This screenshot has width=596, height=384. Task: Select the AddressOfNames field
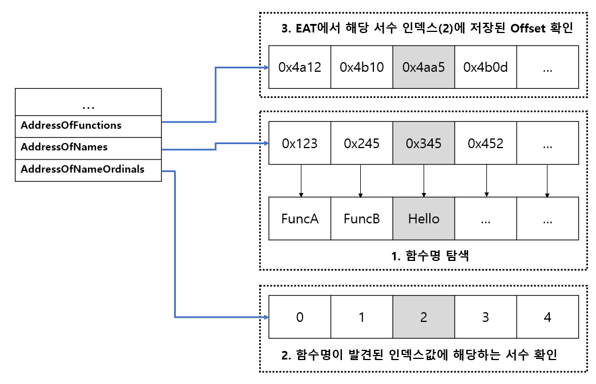(x=88, y=148)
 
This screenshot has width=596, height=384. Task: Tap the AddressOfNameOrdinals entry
(x=88, y=170)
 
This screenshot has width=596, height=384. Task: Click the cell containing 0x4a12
(x=300, y=67)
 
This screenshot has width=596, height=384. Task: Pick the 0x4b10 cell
(x=361, y=67)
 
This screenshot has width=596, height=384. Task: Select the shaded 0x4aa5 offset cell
(x=424, y=67)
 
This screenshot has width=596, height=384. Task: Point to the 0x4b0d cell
(x=485, y=67)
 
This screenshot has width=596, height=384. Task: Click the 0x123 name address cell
(x=300, y=143)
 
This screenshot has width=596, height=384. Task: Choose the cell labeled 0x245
(x=361, y=143)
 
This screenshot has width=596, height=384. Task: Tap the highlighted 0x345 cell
(x=424, y=143)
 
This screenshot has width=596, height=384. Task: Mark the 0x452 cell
(x=485, y=143)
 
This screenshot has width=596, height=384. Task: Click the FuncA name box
(x=300, y=219)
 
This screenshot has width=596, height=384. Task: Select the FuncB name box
(x=361, y=219)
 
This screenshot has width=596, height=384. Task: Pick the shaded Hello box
(x=424, y=219)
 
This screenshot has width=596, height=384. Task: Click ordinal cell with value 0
(x=300, y=317)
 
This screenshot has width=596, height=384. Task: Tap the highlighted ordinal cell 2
(x=424, y=317)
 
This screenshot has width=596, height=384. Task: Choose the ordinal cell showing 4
(x=547, y=317)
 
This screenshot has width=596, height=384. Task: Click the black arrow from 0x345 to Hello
(x=424, y=181)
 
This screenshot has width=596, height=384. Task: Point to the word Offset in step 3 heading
(x=527, y=28)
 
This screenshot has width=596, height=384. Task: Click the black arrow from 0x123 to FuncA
(x=301, y=181)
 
